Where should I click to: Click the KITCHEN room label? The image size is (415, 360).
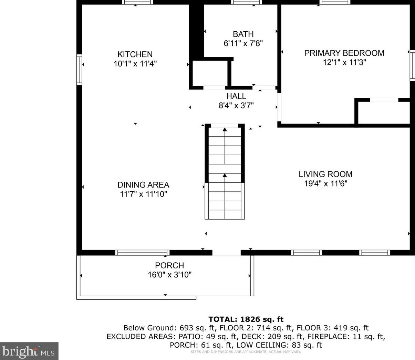pyautogui.click(x=135, y=54)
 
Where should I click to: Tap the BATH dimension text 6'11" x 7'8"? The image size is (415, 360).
pyautogui.click(x=243, y=43)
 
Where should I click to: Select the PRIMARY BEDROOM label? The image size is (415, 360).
pyautogui.click(x=344, y=53)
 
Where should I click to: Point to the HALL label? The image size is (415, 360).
pyautogui.click(x=236, y=96)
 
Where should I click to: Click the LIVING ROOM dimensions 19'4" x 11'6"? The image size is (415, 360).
pyautogui.click(x=325, y=184)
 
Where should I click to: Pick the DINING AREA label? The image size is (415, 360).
pyautogui.click(x=143, y=185)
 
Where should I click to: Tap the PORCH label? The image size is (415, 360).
pyautogui.click(x=169, y=265)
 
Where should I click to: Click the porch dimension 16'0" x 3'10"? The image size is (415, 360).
pyautogui.click(x=169, y=275)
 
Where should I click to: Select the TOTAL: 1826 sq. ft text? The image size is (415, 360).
pyautogui.click(x=246, y=319)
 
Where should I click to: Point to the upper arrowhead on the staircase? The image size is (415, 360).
pyautogui.click(x=225, y=129)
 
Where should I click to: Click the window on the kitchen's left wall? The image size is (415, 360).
pyautogui.click(x=79, y=70)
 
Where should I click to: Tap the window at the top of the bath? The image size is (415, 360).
pyautogui.click(x=247, y=2)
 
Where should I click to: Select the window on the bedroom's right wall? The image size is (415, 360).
pyautogui.click(x=412, y=66)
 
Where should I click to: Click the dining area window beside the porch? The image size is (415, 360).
pyautogui.click(x=142, y=253)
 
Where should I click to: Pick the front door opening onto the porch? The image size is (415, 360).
pyautogui.click(x=226, y=253)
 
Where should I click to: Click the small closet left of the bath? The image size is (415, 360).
pyautogui.click(x=210, y=73)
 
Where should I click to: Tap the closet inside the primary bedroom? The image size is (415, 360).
pyautogui.click(x=384, y=113)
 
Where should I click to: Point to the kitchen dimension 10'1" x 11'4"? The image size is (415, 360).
pyautogui.click(x=135, y=64)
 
